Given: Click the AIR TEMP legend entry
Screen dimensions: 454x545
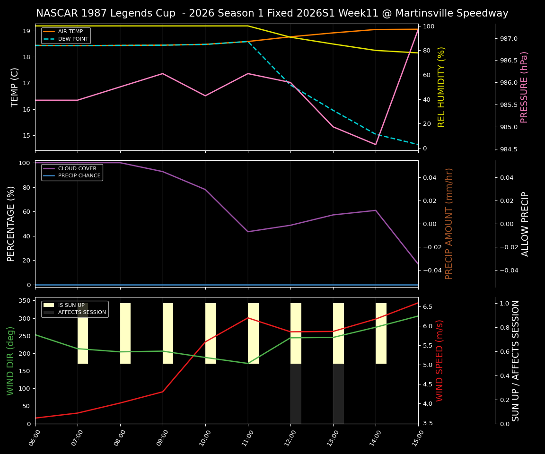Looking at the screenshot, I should [70, 32].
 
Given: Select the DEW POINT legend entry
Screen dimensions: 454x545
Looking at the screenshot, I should [73, 39].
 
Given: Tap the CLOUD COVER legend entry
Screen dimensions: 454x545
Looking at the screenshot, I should [77, 169].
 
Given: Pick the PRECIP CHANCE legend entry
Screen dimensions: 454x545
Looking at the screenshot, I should [79, 176].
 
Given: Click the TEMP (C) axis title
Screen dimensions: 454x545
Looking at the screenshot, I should [15, 87].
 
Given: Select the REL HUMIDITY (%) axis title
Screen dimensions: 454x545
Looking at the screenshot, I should [441, 87].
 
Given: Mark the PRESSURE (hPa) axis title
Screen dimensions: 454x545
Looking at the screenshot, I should [524, 87].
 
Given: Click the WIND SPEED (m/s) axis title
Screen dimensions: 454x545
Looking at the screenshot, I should [440, 360].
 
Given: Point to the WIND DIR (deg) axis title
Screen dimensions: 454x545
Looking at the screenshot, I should [10, 360].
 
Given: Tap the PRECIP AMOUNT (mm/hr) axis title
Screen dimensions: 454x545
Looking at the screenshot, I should [449, 224].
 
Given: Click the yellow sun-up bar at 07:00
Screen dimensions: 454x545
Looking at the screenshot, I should [83, 333].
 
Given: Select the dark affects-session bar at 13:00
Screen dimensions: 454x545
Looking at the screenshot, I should [338, 393].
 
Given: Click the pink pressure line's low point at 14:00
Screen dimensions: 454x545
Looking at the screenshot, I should [376, 145].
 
